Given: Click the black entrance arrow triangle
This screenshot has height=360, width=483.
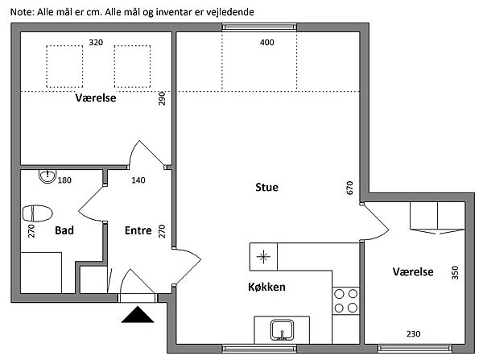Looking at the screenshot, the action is pos(138,315).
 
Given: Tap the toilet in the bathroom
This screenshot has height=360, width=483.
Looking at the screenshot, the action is pos(37,213).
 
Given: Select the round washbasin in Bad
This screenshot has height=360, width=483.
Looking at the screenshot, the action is pos(47,176).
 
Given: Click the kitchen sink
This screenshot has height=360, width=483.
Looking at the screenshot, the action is pos(282,330).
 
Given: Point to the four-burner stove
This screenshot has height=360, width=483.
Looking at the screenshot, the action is pos(346,301).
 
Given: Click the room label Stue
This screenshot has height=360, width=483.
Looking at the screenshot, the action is pos(266,187).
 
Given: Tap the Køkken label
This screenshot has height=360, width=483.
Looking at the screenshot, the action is pos(266,287).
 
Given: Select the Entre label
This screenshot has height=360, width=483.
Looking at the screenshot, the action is pos(138,230).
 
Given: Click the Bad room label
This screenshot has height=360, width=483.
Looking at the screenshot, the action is pos(64,230).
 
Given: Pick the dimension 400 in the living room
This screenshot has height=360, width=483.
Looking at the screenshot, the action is pos(266,42).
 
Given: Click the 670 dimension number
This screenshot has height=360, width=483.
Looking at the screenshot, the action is pos(349,188).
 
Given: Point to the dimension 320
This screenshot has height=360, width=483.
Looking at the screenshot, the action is pos(96,42).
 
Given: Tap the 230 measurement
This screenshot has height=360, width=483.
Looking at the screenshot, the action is pos(413,333).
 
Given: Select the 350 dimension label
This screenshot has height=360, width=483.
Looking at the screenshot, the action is pos(455,273).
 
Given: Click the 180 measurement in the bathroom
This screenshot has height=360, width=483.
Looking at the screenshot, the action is pos(64,180).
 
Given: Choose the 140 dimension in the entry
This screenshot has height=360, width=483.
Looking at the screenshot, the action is pos(138,180).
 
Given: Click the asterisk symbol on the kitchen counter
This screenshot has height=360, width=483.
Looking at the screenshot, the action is pos(264,257).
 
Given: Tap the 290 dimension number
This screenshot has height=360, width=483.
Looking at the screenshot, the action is pos(162,98).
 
